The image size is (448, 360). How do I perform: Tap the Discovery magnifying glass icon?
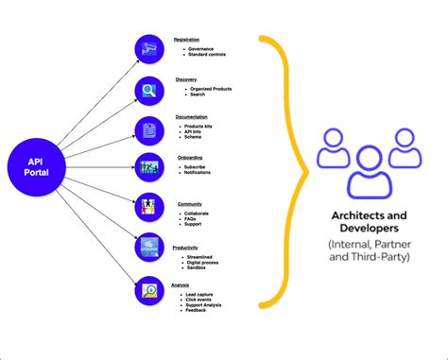pos(149,91)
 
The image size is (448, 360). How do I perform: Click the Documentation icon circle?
pos(149,130)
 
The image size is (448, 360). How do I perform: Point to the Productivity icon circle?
pos(149,249)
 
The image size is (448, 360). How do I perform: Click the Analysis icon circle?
pos(149,289)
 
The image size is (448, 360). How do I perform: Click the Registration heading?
pos(187,40)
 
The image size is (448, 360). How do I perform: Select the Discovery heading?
pos(186,79)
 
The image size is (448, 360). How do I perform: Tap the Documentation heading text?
pos(192,117)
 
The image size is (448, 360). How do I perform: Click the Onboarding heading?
pos(189,158)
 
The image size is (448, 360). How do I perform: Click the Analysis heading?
pos(181,285)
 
